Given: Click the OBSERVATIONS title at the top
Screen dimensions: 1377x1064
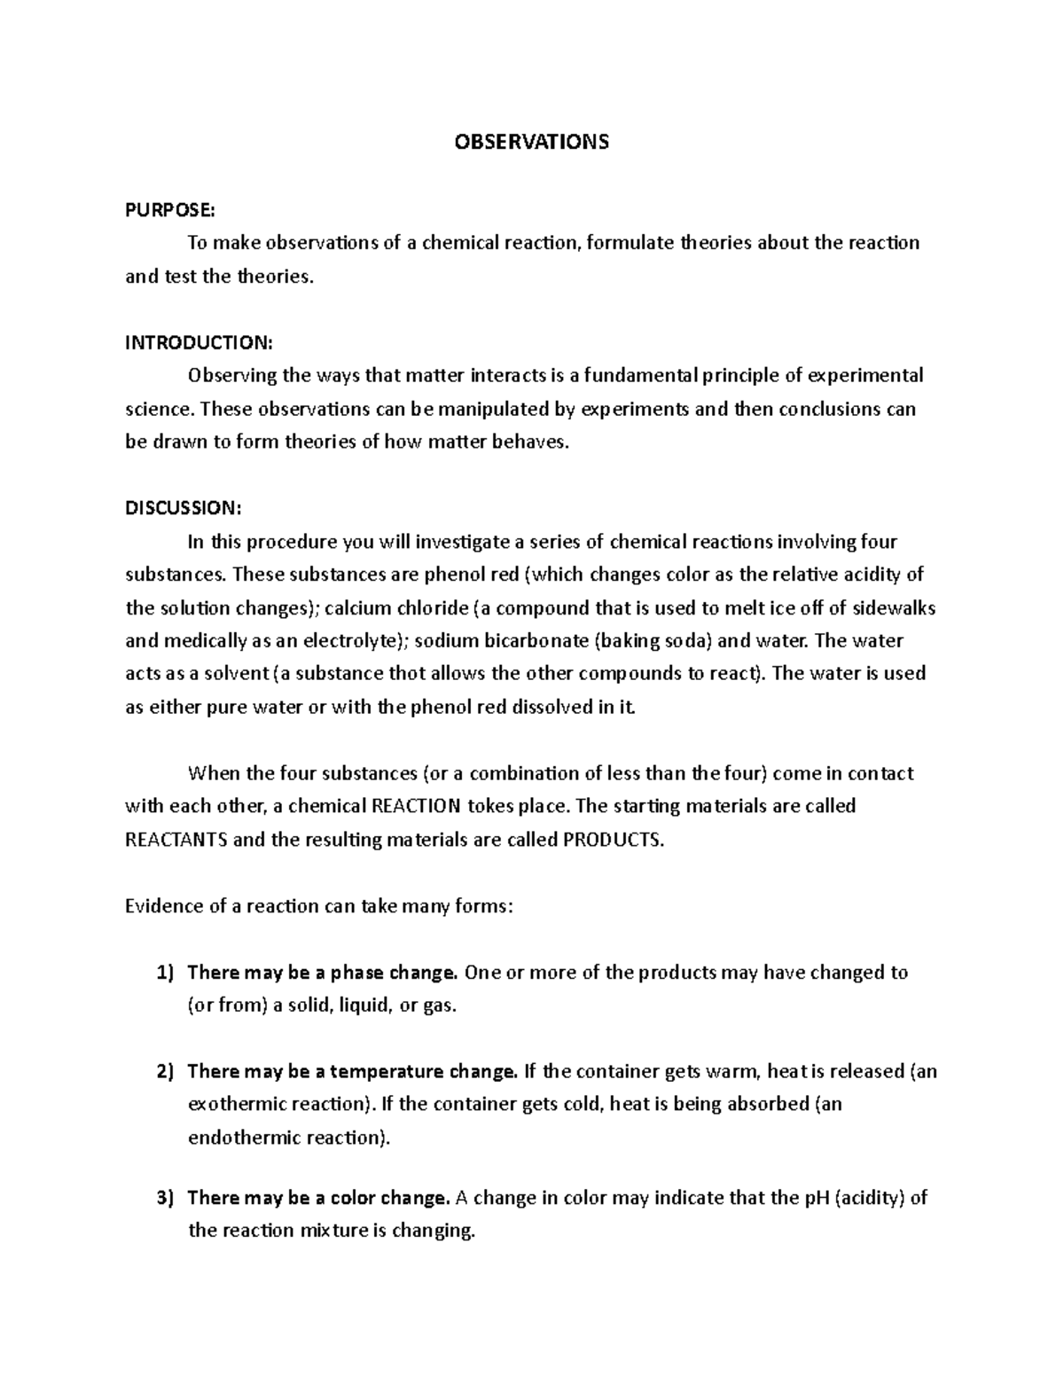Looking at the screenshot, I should (x=531, y=142).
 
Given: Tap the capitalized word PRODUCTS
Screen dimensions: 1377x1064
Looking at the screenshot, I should (x=613, y=840).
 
